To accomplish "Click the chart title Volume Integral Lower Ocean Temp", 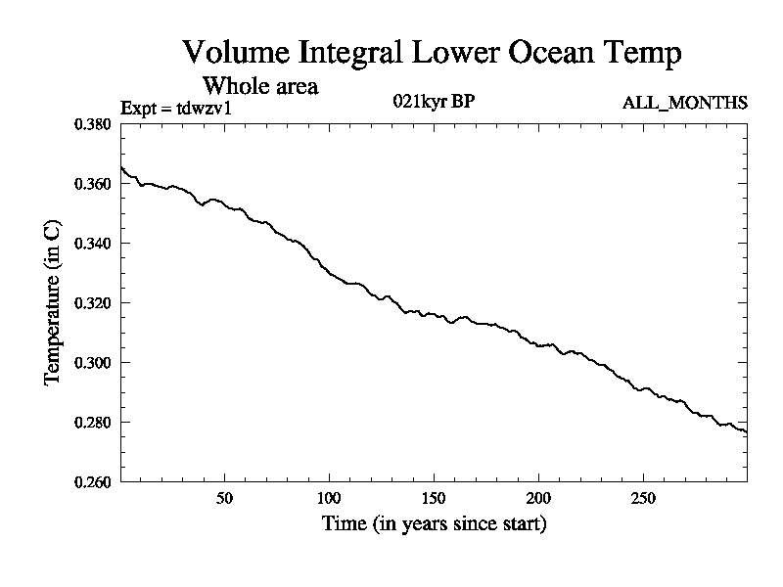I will coord(432,53).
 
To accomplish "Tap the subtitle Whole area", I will coord(259,86).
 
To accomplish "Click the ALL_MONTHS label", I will coord(685,103).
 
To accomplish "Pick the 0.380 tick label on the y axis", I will coord(95,124).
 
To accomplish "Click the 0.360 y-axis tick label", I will coord(95,184).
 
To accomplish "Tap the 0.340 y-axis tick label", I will coord(95,244).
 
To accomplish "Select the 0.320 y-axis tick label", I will coord(95,303).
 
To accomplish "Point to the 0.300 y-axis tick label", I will coord(95,363).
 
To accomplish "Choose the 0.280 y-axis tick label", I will coord(95,423).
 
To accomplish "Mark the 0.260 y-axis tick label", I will coord(95,482).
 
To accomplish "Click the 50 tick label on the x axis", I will coord(224,497).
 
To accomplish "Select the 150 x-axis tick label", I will coord(433,497).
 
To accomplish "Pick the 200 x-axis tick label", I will coord(537,497).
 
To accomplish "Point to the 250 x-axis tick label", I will coord(642,497).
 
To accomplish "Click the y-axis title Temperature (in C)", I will coord(55,302).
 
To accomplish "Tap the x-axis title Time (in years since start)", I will coord(434,524).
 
